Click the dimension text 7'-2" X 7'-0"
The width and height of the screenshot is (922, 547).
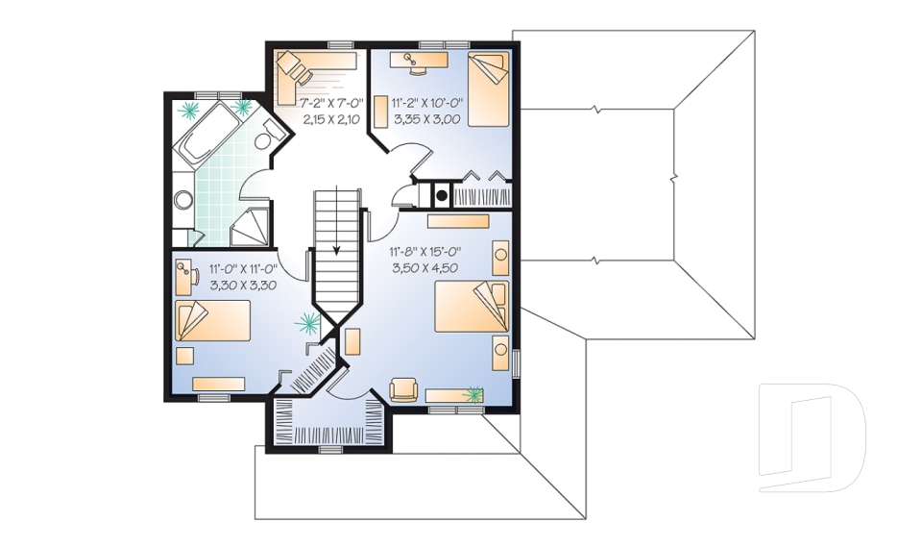(x=331, y=104)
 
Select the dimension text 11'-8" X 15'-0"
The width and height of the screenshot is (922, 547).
(x=425, y=252)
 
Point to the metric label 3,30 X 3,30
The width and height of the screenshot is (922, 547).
(x=243, y=286)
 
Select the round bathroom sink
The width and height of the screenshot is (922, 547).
(x=183, y=200)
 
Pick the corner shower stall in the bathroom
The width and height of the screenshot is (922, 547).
(x=250, y=226)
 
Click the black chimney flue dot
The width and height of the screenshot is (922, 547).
(x=441, y=196)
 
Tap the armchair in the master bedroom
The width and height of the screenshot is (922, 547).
(x=403, y=389)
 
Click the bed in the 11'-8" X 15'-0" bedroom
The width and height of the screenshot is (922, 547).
(x=472, y=306)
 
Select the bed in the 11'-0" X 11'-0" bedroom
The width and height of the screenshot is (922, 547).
(x=212, y=321)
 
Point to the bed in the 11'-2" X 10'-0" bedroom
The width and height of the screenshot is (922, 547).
(x=488, y=88)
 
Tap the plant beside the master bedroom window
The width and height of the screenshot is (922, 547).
(x=473, y=394)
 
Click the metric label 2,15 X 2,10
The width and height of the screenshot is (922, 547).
(x=331, y=119)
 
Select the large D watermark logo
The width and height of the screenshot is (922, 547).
(x=813, y=437)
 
